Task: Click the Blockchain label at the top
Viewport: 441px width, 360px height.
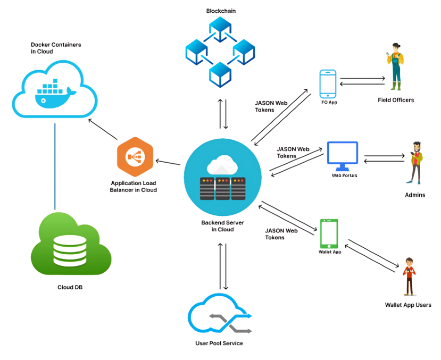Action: point(221,11)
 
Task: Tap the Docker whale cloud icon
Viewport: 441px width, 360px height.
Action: point(55,89)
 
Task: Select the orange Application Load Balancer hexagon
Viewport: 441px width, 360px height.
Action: point(134,156)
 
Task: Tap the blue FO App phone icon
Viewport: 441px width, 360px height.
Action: point(328,83)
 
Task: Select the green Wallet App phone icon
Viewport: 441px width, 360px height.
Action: point(329,233)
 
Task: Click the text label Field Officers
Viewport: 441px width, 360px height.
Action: point(396,100)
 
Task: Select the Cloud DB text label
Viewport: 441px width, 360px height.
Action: point(70,288)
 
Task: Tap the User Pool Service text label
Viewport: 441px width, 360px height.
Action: point(219,344)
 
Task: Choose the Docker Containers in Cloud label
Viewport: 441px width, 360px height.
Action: point(56,48)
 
